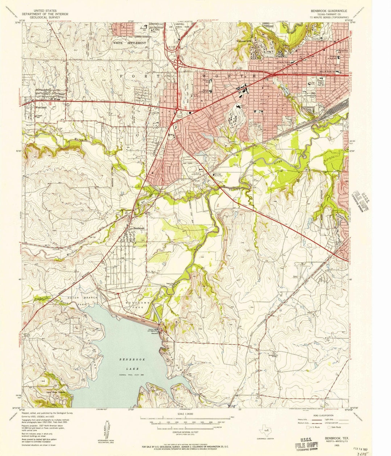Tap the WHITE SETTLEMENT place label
(129, 43)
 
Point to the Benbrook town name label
(139, 228)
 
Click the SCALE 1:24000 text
(185, 414)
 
